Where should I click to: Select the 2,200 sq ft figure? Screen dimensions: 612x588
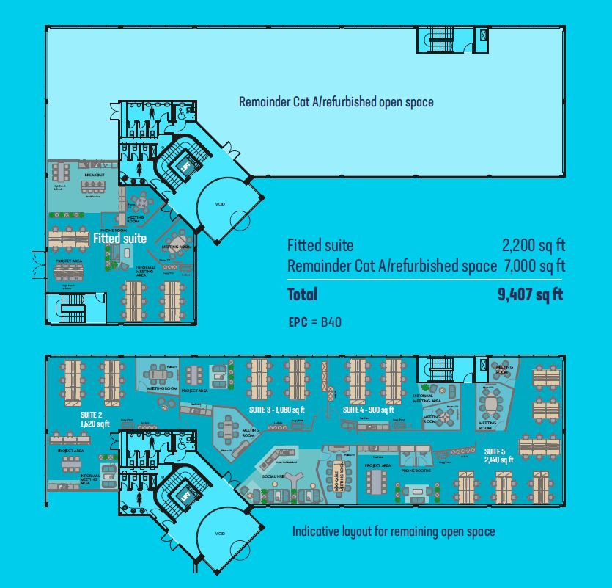click(534, 245)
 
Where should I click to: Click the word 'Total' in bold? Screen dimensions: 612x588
click(303, 295)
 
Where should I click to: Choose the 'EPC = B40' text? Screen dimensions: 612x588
click(315, 322)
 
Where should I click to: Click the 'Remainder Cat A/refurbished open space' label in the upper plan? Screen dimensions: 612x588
click(336, 102)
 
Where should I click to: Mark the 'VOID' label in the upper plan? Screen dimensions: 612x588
click(219, 204)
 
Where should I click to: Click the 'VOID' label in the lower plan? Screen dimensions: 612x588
click(219, 534)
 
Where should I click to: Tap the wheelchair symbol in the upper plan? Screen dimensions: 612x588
click(181, 113)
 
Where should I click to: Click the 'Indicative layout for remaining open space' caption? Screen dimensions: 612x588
click(394, 531)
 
